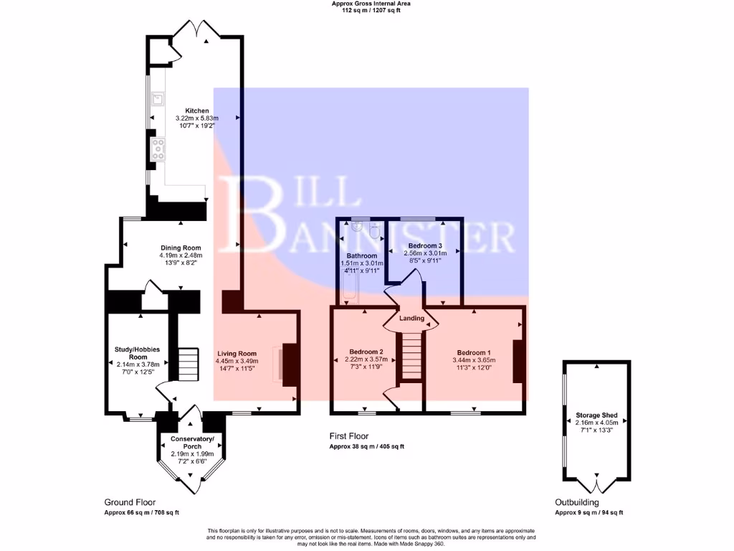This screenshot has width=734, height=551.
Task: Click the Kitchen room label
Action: point(197,111)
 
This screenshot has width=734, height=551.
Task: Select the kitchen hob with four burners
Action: point(157,149)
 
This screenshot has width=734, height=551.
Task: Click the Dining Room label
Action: point(181,248)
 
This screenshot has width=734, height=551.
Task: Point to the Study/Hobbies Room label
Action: point(138,353)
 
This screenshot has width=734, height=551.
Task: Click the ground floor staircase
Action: point(188,364)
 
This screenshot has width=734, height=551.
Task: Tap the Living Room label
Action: point(237,354)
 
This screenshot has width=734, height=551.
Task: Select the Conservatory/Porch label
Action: point(192,442)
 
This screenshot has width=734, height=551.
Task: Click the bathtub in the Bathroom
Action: point(349,291)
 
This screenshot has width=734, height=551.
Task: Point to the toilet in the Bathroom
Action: point(373,231)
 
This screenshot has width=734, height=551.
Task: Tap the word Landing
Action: point(412,319)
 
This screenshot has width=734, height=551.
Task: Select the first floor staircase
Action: point(411,356)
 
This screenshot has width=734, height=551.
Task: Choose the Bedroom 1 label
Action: point(474,352)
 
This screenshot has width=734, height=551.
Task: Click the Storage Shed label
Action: point(596,415)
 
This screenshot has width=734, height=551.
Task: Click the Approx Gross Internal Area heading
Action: point(371,4)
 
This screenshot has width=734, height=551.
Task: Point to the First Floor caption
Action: point(348,435)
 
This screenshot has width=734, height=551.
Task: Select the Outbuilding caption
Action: point(578,502)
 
